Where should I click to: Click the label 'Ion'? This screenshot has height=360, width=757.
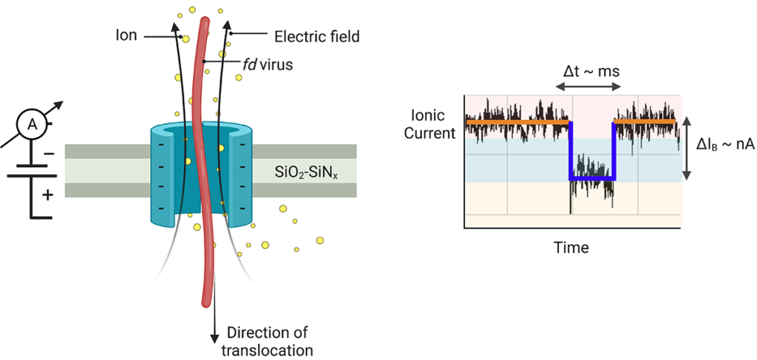tap(126, 35)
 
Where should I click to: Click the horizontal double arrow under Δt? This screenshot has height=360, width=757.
tap(588, 87)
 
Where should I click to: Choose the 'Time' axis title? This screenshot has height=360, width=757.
tap(571, 248)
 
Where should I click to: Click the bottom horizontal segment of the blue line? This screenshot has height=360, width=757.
tap(592, 179)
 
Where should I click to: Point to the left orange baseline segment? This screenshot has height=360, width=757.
tap(517, 120)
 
